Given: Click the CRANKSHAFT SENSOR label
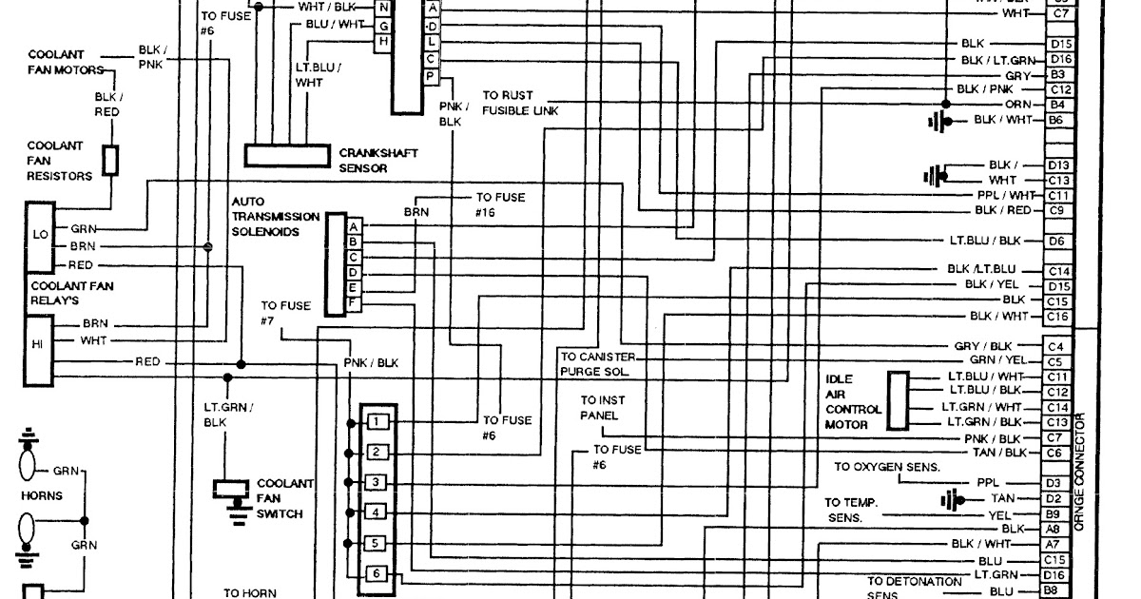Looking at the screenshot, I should pyautogui.click(x=377, y=160).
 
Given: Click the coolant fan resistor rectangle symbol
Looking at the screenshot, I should pyautogui.click(x=110, y=160).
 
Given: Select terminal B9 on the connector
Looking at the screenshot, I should pyautogui.click(x=1053, y=513).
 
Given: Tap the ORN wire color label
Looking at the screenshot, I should pyautogui.click(x=1017, y=105).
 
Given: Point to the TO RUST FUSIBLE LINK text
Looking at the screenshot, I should pyautogui.click(x=520, y=103).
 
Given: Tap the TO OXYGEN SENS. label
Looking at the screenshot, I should pyautogui.click(x=887, y=467).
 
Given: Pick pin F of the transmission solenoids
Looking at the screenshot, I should pyautogui.click(x=353, y=302).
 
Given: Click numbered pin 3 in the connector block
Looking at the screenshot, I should pyautogui.click(x=377, y=483).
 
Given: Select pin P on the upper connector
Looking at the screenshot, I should pyautogui.click(x=431, y=75).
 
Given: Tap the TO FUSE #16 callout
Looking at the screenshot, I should pyautogui.click(x=500, y=205).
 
